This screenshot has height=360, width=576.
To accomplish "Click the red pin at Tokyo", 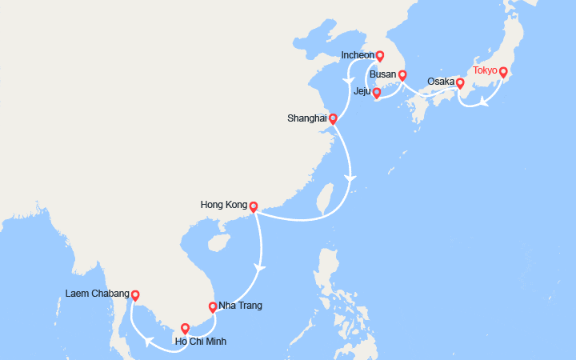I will pyautogui.click(x=503, y=72).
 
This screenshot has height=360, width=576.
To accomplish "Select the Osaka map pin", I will pyautogui.click(x=460, y=82).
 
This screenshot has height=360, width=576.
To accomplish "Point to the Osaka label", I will pyautogui.click(x=441, y=82).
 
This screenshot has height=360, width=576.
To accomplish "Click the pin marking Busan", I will pyautogui.click(x=402, y=75).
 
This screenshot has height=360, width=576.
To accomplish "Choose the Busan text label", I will pyautogui.click(x=383, y=74).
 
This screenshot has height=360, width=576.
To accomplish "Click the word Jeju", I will pyautogui.click(x=362, y=92).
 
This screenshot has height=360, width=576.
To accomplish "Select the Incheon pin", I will pyautogui.click(x=380, y=56).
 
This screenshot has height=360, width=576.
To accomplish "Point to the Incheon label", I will pyautogui.click(x=358, y=55).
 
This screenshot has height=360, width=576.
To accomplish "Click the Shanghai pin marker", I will pyautogui.click(x=333, y=118).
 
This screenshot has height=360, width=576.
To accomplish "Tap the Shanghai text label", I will pyautogui.click(x=307, y=118).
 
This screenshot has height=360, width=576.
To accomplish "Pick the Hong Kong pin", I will pyautogui.click(x=253, y=206).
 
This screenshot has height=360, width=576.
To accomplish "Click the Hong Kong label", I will pyautogui.click(x=224, y=205).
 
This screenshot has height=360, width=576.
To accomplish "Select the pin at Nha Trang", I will pyautogui.click(x=212, y=306).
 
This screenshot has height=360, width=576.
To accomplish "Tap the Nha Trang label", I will pyautogui.click(x=240, y=306).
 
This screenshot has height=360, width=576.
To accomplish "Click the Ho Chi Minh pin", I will pyautogui.click(x=185, y=327).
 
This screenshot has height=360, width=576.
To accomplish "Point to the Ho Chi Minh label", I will pyautogui.click(x=200, y=342).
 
